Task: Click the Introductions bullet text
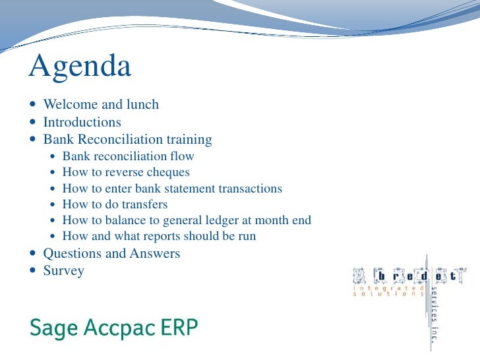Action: [82, 122]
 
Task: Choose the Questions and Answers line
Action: [111, 253]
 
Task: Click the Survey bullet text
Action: [63, 270]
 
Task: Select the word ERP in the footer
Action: [179, 327]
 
